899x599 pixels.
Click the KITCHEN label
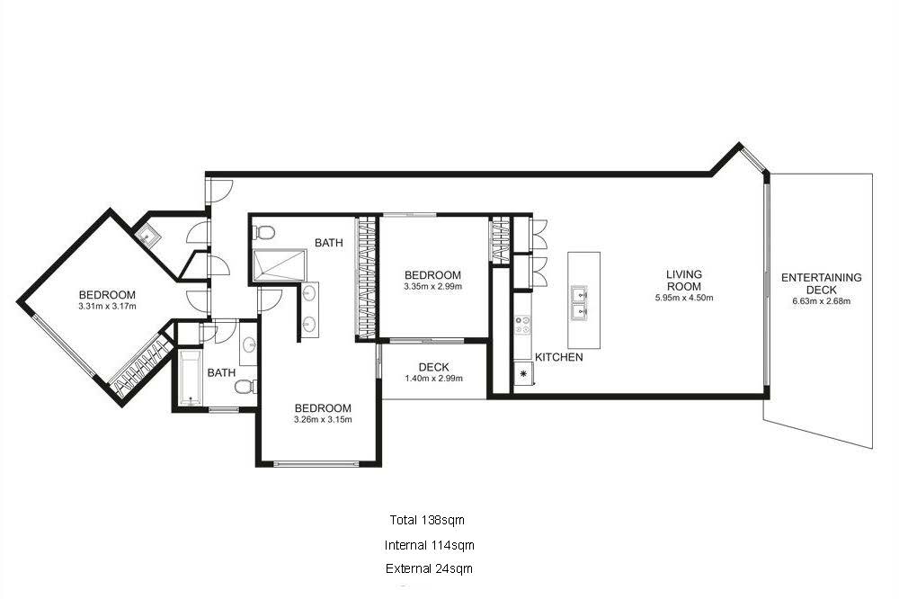tap(558, 357)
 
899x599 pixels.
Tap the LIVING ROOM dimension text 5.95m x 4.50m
tap(683, 297)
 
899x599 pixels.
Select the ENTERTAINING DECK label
tap(821, 283)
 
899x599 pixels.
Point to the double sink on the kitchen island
tap(580, 304)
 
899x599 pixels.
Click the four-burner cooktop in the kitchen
tap(522, 326)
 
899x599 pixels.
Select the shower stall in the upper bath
tap(279, 267)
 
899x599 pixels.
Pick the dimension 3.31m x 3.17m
tap(106, 307)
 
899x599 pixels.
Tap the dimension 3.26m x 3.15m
tap(323, 419)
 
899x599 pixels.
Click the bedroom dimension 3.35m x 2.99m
tap(432, 287)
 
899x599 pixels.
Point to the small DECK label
tap(433, 367)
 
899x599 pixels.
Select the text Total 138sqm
tap(426, 520)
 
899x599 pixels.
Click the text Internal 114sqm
tap(429, 545)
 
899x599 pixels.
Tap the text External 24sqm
tap(429, 568)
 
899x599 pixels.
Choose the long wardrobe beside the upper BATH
tap(365, 279)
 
